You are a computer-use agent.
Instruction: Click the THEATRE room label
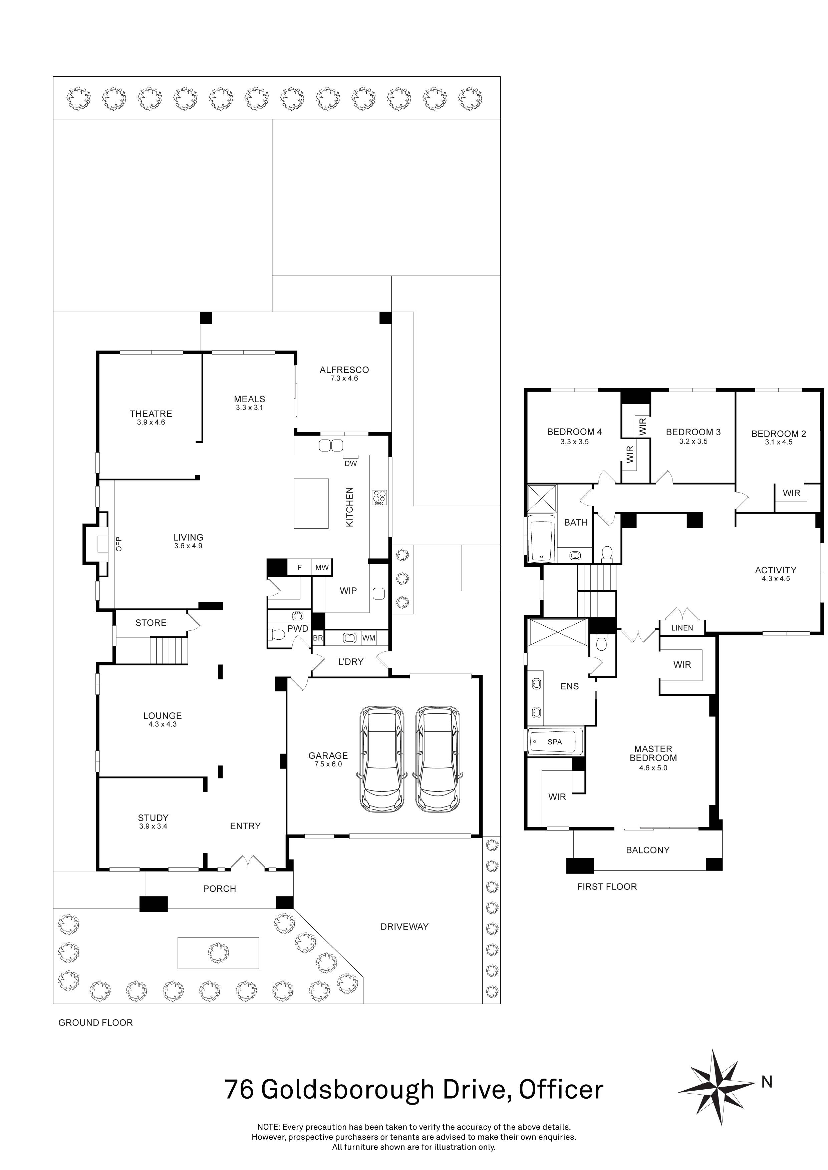151,414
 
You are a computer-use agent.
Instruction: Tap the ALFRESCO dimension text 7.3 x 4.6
344,379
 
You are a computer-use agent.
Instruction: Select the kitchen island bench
311,504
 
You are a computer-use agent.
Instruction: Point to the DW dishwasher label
351,463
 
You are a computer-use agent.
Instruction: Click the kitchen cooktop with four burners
380,497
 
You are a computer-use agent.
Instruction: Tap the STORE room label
151,623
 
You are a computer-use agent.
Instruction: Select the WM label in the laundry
369,638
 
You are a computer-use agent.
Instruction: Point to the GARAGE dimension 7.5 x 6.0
328,764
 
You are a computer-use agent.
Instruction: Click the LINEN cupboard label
682,628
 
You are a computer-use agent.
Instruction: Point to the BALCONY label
647,850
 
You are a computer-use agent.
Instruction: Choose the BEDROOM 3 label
694,432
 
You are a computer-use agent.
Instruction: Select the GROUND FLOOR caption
95,1023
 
